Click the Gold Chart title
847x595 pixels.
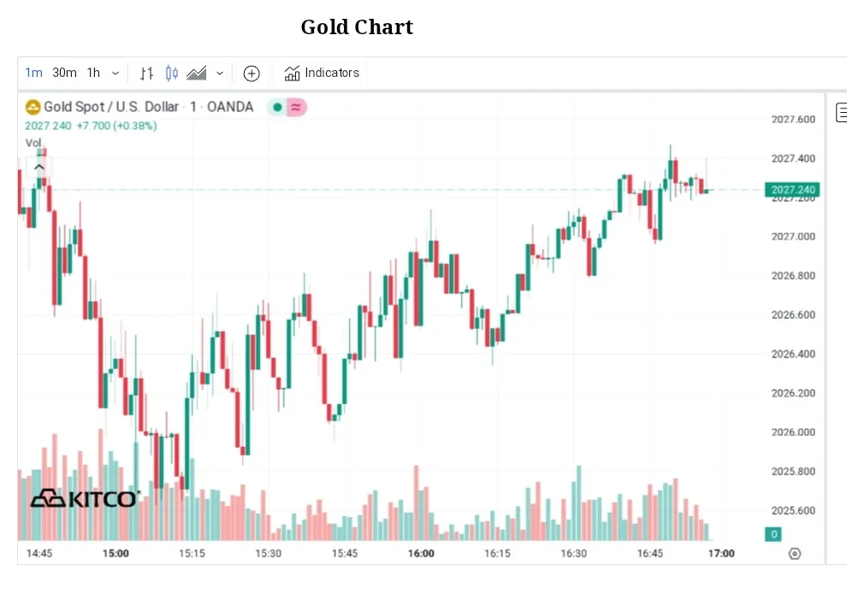click(x=357, y=27)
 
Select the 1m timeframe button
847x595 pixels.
click(x=33, y=73)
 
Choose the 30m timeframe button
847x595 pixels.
click(x=64, y=73)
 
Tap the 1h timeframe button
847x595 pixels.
click(x=93, y=73)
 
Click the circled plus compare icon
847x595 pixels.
click(x=252, y=74)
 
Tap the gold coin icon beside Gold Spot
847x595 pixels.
click(x=33, y=107)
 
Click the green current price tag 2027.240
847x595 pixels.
click(x=793, y=190)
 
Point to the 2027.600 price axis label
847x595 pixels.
click(x=793, y=120)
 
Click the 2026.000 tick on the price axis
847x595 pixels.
click(x=793, y=433)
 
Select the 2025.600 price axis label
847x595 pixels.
click(x=793, y=511)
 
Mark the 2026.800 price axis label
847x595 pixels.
click(x=793, y=276)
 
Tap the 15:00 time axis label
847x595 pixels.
click(x=115, y=553)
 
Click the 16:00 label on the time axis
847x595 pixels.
click(x=421, y=553)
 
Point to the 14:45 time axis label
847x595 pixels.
click(x=39, y=553)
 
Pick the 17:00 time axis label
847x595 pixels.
click(x=721, y=553)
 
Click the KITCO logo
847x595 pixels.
click(x=84, y=498)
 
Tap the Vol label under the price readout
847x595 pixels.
click(x=33, y=143)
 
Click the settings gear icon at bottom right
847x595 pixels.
click(x=794, y=554)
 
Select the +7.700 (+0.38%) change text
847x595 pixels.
click(x=116, y=126)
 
